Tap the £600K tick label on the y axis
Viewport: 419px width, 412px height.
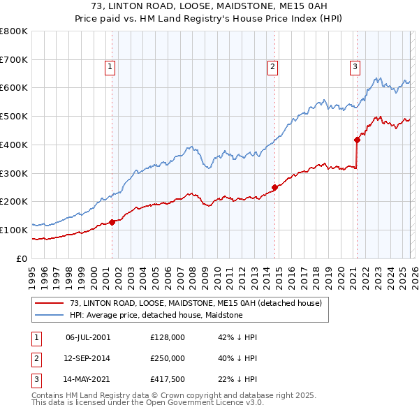coord(14,88)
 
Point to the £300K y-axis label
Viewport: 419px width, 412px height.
coord(14,173)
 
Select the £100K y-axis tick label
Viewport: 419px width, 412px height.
coord(14,230)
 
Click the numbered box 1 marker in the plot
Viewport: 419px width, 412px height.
coord(110,67)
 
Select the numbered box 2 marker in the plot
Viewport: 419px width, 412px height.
coord(272,67)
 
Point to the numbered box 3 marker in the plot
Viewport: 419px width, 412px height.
coord(355,67)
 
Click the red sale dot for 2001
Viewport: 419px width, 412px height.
coord(112,222)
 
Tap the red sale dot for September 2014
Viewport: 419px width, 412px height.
coord(274,187)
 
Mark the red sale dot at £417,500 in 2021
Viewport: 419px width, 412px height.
coord(357,140)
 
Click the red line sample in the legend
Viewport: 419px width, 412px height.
coord(49,304)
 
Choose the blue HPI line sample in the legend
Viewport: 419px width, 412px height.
coord(49,316)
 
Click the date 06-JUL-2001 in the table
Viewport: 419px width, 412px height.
coord(88,337)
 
